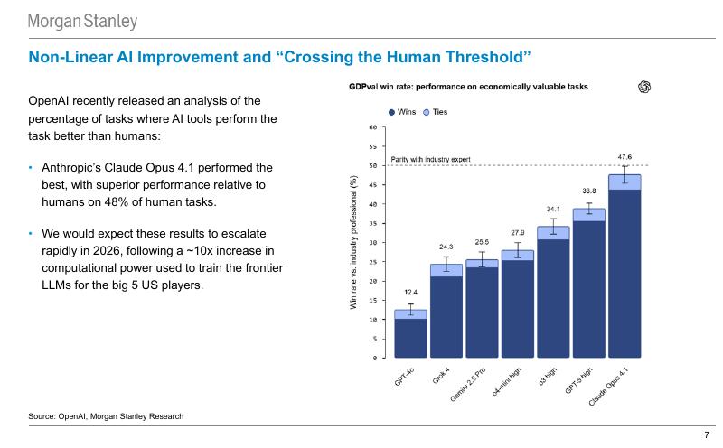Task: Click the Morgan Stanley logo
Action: [x=82, y=22]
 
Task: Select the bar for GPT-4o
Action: [x=410, y=333]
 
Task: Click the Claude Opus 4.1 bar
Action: [x=624, y=266]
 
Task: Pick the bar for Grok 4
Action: [x=446, y=311]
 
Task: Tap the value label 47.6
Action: [x=624, y=156]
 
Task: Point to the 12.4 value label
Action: [x=410, y=293]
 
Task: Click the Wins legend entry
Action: [x=402, y=112]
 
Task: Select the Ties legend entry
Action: [x=436, y=112]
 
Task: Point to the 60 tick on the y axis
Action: [x=373, y=127]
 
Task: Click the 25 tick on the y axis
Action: [x=373, y=262]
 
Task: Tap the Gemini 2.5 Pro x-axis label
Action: [x=467, y=385]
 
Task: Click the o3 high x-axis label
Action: [x=548, y=376]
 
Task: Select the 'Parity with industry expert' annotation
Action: [x=431, y=160]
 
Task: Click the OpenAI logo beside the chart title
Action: [x=644, y=87]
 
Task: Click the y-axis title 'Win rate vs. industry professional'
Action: [x=353, y=242]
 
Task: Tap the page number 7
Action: [x=707, y=435]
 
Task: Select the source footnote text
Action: [x=106, y=416]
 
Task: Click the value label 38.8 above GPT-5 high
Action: [x=589, y=191]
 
